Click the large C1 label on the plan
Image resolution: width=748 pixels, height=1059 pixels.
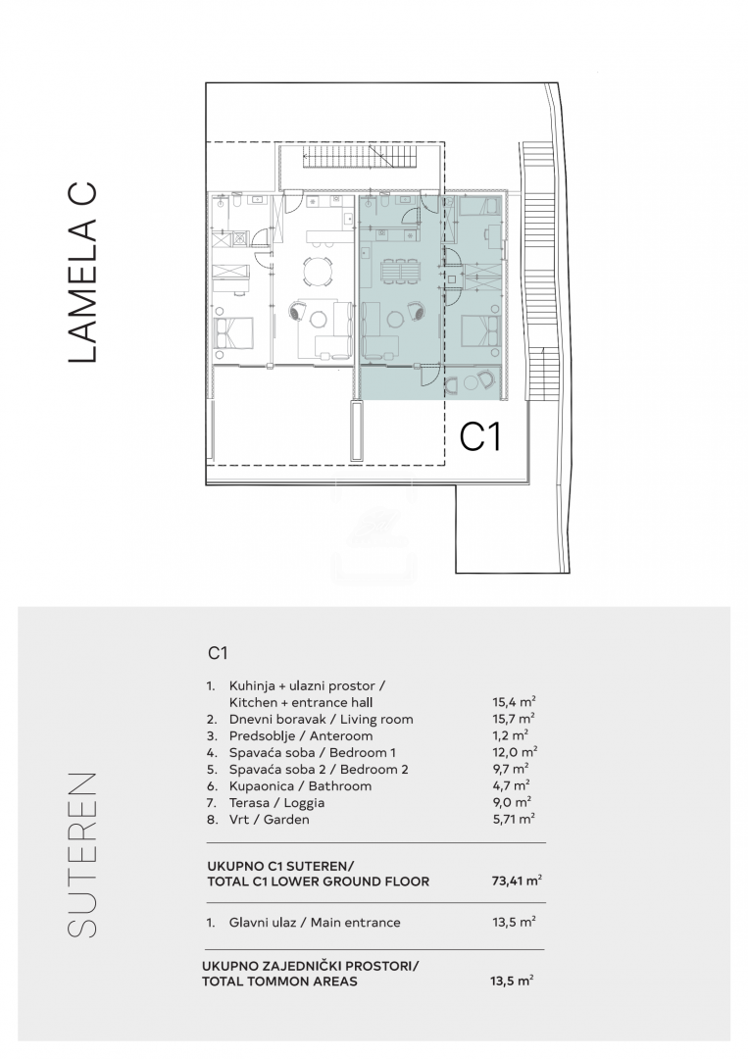[480, 436]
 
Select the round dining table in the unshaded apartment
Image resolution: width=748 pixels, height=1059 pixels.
[318, 272]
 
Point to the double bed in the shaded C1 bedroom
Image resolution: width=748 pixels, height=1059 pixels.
[481, 331]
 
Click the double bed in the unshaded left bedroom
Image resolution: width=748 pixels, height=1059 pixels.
[233, 331]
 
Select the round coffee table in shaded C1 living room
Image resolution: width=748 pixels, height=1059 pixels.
[394, 316]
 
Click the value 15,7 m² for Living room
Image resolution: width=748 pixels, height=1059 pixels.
[514, 719]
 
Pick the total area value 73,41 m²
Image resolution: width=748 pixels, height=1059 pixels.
[517, 880]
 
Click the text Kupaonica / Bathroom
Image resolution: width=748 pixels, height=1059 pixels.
[300, 785]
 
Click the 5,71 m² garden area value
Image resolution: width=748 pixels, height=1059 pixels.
[514, 819]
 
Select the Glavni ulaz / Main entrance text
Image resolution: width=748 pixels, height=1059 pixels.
[315, 922]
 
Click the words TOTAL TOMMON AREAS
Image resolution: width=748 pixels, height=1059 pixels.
[279, 981]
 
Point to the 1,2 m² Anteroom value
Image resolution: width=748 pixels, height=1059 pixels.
[511, 735]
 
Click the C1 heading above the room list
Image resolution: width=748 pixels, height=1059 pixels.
[218, 653]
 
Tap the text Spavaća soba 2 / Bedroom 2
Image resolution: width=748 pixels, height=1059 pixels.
[319, 769]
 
